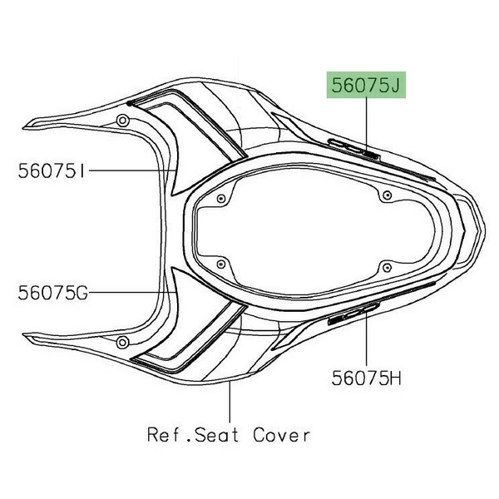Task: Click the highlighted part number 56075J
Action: [366, 85]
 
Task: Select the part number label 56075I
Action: [52, 170]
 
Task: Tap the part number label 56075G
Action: [53, 293]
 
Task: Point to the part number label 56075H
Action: [366, 378]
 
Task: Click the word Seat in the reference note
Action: [216, 435]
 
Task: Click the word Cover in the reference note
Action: [281, 435]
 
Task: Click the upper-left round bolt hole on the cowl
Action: [122, 121]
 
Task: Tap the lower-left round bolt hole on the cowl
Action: [122, 343]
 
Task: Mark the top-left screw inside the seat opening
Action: [221, 200]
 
